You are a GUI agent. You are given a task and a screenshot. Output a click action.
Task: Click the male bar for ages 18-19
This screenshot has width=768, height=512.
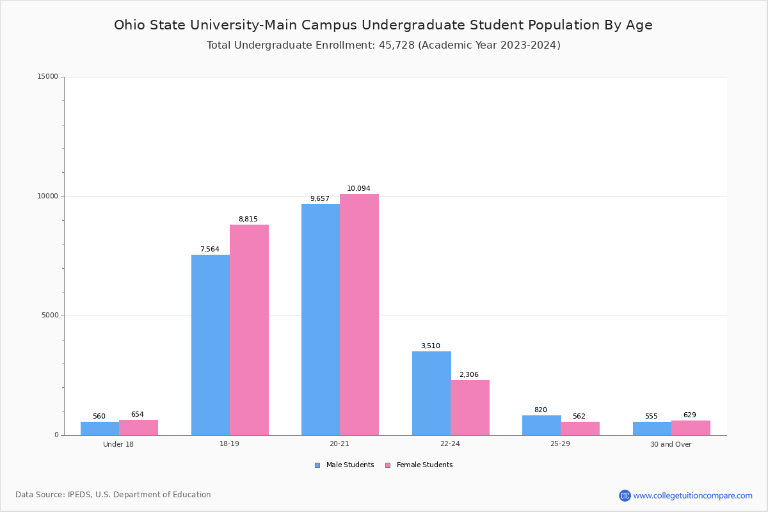[211, 345]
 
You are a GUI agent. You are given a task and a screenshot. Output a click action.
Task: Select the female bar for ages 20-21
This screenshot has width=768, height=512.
[359, 314]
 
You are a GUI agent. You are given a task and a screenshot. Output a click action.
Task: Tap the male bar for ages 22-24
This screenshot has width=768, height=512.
[431, 393]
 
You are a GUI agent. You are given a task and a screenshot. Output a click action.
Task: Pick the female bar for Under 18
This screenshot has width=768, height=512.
[138, 428]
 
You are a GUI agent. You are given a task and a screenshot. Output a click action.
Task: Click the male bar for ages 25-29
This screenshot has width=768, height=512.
[541, 425]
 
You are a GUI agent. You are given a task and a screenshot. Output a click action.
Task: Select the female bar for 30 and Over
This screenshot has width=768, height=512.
[691, 428]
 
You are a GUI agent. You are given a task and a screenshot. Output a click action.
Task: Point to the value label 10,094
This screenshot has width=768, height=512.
[358, 189]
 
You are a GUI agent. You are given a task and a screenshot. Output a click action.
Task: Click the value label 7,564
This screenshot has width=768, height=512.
[210, 250]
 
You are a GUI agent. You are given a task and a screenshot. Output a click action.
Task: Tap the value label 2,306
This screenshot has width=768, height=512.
[468, 375]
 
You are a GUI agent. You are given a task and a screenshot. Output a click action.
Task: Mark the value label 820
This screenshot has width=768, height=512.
[541, 410]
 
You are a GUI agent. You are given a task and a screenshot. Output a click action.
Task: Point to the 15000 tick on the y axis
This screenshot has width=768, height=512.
[47, 77]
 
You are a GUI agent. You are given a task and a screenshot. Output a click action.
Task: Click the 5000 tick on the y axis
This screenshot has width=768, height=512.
[49, 316]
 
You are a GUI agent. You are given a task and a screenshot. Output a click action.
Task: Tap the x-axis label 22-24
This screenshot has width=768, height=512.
[450, 444]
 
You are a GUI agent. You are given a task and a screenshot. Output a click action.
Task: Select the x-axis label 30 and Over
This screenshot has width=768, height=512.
[671, 444]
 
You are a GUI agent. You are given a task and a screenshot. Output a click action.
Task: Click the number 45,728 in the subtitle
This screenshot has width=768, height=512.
[393, 45]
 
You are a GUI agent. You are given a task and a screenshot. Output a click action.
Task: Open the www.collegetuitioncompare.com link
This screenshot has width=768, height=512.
[692, 495]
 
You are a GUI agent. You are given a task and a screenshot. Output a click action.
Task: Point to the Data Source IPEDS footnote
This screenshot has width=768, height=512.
[113, 495]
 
